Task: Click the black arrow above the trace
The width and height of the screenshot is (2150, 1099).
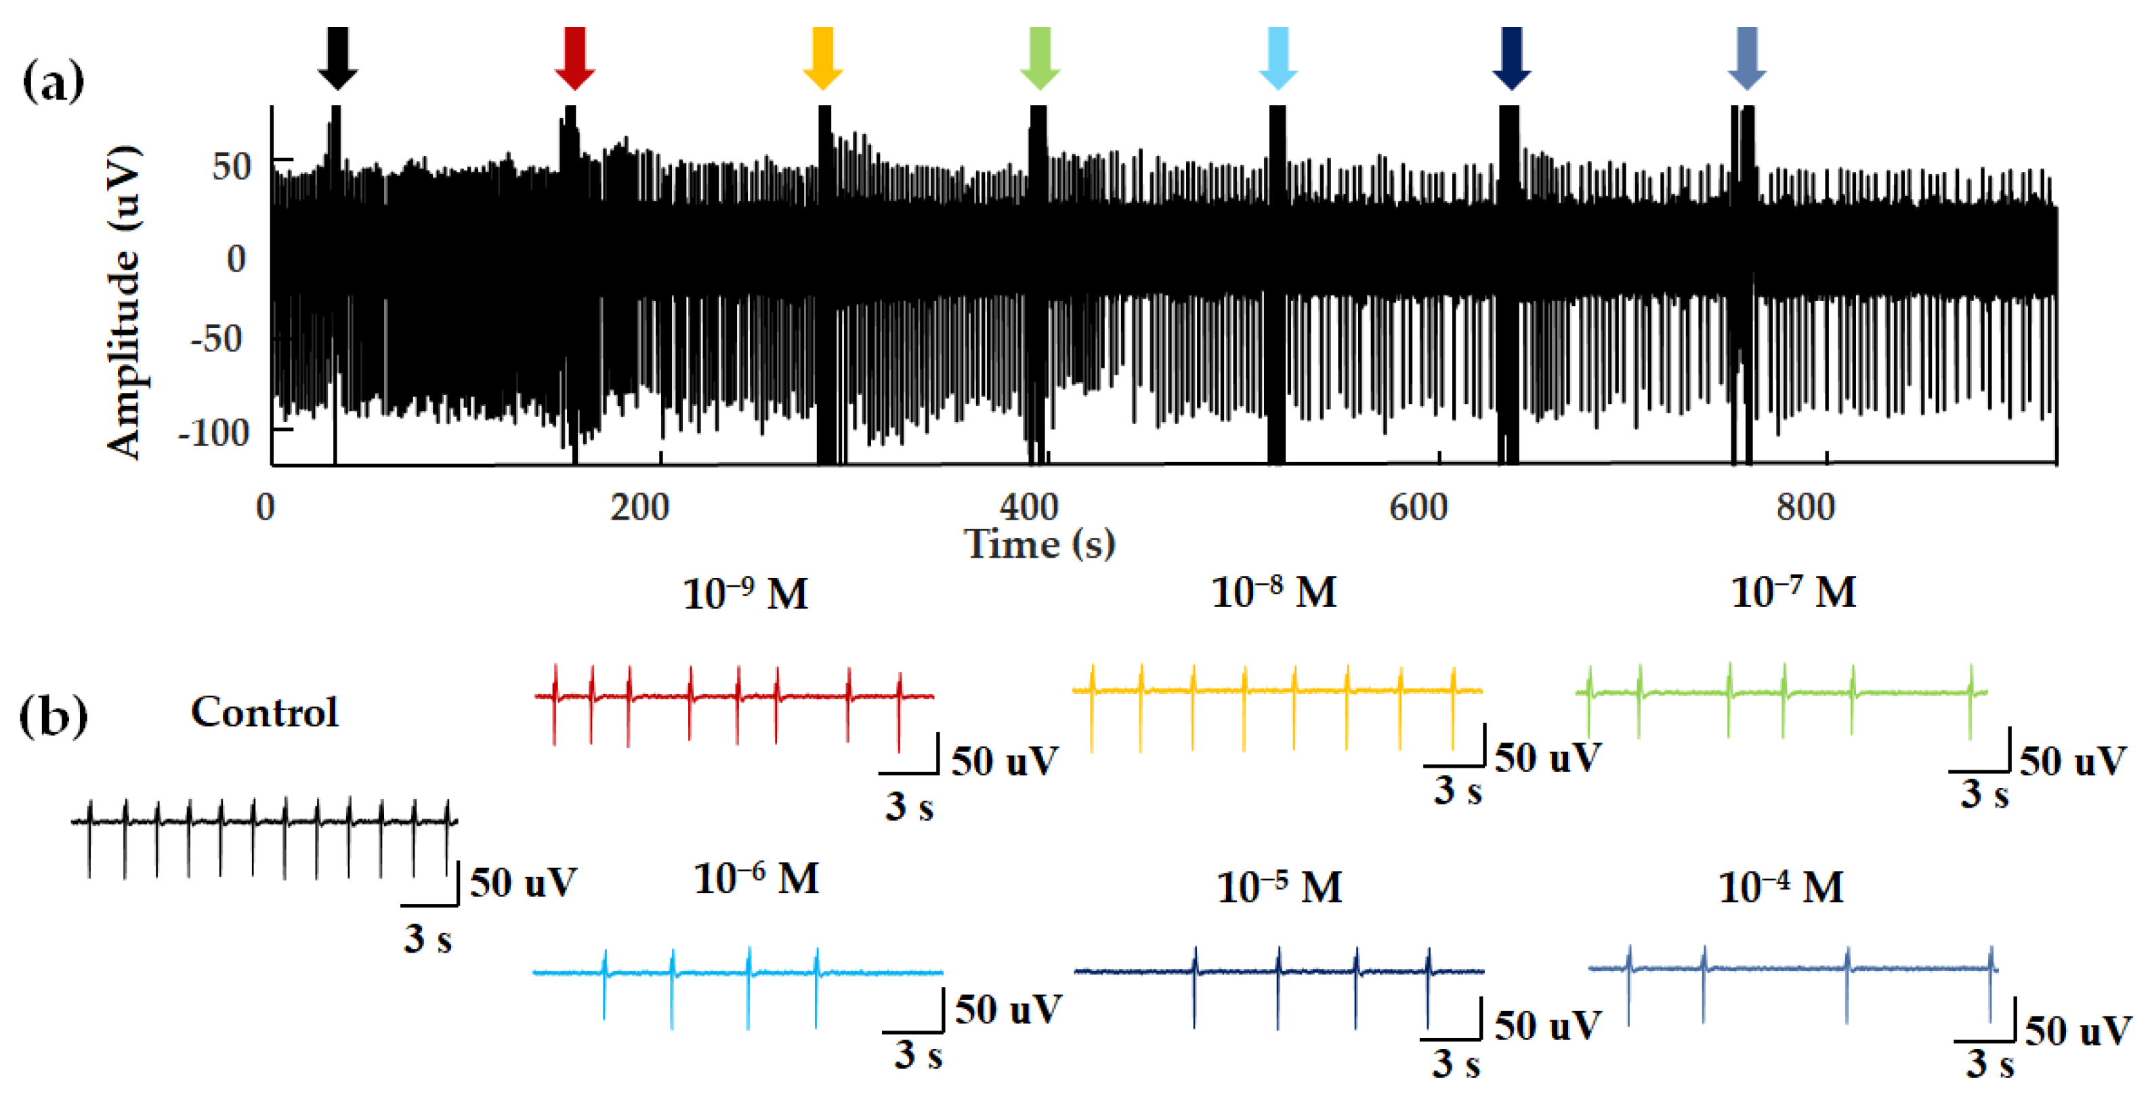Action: (x=337, y=57)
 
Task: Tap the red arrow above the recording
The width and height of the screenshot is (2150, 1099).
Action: (x=574, y=57)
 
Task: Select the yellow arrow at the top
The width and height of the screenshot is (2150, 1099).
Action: (x=822, y=57)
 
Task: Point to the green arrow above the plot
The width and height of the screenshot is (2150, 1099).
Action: (x=1040, y=57)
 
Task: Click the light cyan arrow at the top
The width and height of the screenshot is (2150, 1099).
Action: (x=1278, y=57)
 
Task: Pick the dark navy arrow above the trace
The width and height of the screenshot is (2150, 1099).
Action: (x=1511, y=57)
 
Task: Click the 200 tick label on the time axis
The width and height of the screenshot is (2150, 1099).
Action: (x=639, y=507)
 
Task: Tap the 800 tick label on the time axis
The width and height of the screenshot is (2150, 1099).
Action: (x=1805, y=507)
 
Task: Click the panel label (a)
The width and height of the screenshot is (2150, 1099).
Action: (x=53, y=82)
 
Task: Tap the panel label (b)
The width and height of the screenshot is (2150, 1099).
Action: (x=53, y=716)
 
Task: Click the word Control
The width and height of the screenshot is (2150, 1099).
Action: (x=265, y=712)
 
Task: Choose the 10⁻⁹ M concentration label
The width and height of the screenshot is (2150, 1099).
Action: (x=745, y=595)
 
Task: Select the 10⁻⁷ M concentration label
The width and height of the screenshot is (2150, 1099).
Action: (x=1794, y=593)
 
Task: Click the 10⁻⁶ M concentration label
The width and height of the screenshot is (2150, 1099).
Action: (x=756, y=879)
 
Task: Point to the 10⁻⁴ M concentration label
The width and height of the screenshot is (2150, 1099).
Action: (x=1780, y=887)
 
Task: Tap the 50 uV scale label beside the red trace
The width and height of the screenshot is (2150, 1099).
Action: (x=1005, y=762)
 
